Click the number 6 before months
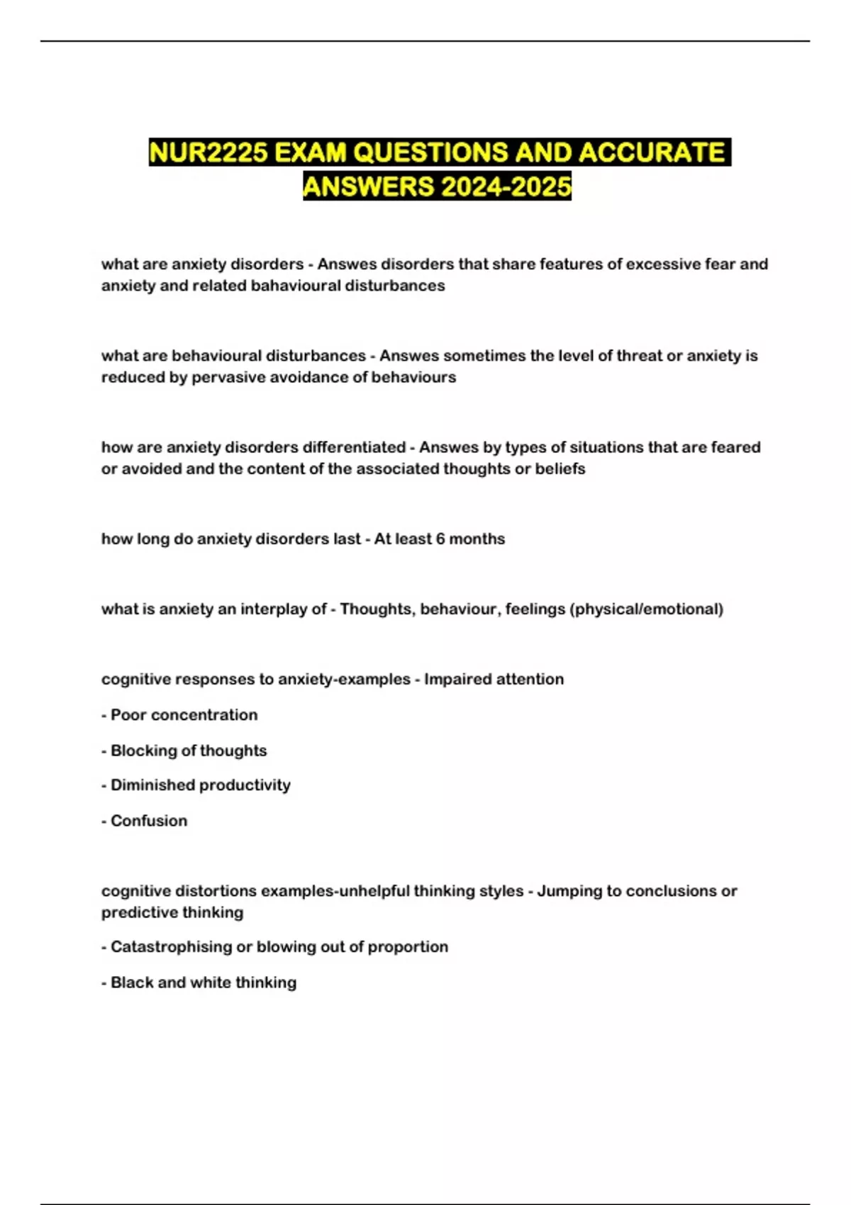440,539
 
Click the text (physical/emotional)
646,609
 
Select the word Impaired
454,679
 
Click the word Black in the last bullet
131,982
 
